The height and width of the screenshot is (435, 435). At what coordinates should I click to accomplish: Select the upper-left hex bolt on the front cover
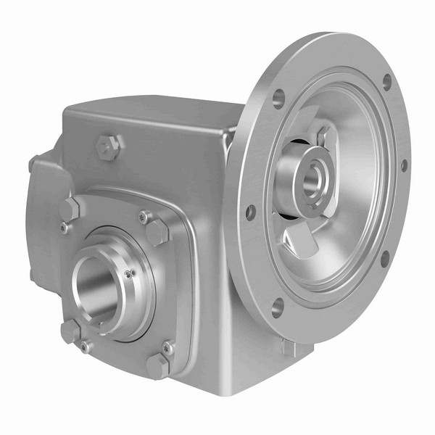(x=69, y=210)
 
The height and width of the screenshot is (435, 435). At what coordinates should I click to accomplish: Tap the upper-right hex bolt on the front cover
(x=157, y=231)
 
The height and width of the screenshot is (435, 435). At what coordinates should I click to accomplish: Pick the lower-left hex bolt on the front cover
(x=70, y=331)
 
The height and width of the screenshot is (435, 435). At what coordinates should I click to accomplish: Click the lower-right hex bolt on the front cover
(x=157, y=365)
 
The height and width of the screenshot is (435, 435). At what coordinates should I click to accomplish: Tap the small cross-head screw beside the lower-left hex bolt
(x=86, y=347)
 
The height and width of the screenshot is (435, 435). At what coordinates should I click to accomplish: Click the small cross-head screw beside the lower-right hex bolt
(x=168, y=349)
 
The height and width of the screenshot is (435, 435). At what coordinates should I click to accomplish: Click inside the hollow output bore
(x=98, y=286)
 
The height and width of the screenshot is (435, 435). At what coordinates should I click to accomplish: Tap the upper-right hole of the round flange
(x=386, y=80)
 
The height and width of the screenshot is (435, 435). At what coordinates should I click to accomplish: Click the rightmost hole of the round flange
(x=404, y=165)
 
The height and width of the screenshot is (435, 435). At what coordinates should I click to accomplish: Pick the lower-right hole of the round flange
(x=384, y=257)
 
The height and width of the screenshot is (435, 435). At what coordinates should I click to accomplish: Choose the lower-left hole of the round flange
(x=277, y=307)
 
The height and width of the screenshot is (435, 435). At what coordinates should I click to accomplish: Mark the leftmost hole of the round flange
(x=251, y=212)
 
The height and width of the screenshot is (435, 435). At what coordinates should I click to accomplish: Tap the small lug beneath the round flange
(x=290, y=347)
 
